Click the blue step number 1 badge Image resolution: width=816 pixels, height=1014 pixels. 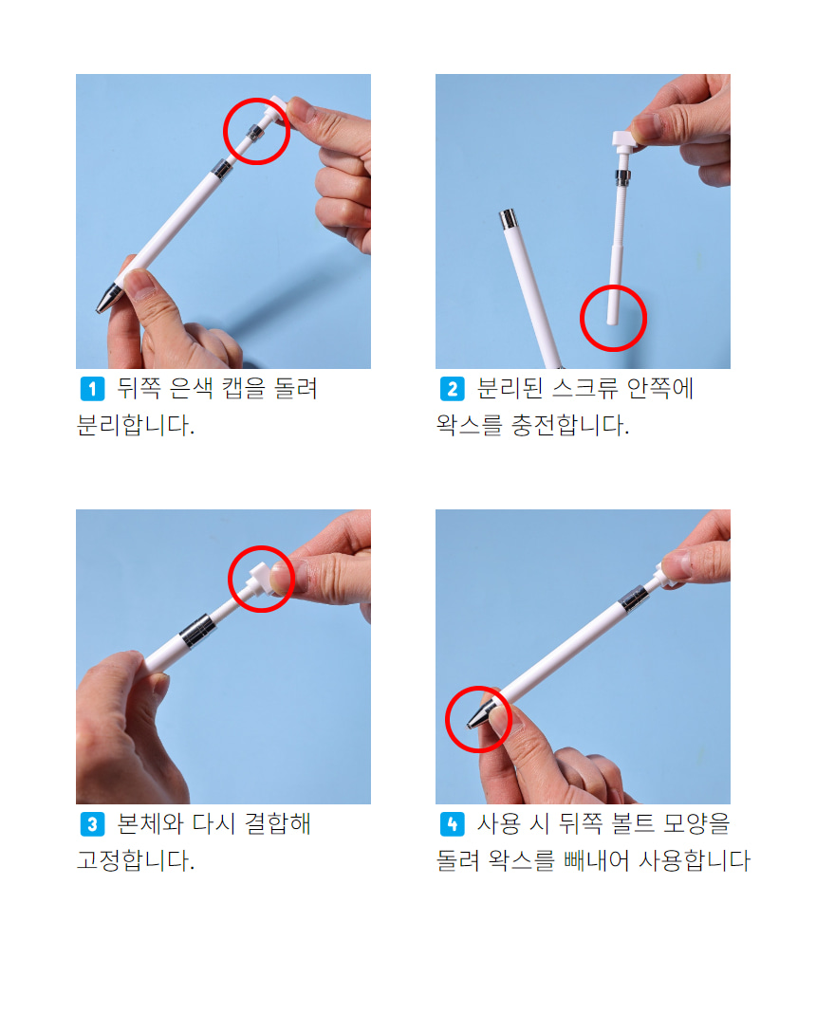(x=92, y=389)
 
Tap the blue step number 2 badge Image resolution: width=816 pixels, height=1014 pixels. (x=452, y=389)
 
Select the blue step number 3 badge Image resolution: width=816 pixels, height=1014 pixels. (x=92, y=824)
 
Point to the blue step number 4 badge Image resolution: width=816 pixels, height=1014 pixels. (x=452, y=824)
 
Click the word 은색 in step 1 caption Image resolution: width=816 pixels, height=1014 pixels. (x=191, y=388)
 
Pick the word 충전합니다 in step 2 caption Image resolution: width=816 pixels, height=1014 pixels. (x=569, y=425)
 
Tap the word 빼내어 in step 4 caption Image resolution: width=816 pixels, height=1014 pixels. (x=596, y=860)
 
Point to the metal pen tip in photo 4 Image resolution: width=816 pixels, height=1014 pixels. (x=479, y=715)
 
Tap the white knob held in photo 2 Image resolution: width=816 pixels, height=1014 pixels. (x=623, y=139)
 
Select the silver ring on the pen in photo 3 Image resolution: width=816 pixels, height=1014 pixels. (x=197, y=631)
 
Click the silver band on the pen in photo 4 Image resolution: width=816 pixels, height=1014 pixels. (x=634, y=599)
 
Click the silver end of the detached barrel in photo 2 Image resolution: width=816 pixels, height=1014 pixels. (x=508, y=218)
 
